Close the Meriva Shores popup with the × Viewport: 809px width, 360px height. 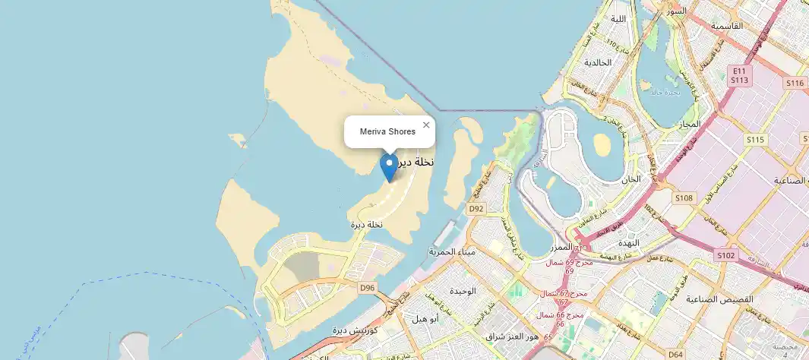(426, 125)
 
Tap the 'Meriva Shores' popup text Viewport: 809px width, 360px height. (387, 132)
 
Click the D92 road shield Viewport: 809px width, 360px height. (476, 208)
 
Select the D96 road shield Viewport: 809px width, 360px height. (368, 287)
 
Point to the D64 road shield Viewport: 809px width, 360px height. (675, 354)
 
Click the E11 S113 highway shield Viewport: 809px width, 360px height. (740, 74)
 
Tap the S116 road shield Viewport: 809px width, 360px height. (795, 83)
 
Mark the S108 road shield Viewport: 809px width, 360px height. (684, 198)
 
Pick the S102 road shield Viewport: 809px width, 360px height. (726, 256)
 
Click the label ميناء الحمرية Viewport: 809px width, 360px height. (452, 251)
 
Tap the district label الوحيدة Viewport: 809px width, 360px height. (462, 292)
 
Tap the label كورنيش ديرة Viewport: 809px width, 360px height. (356, 330)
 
